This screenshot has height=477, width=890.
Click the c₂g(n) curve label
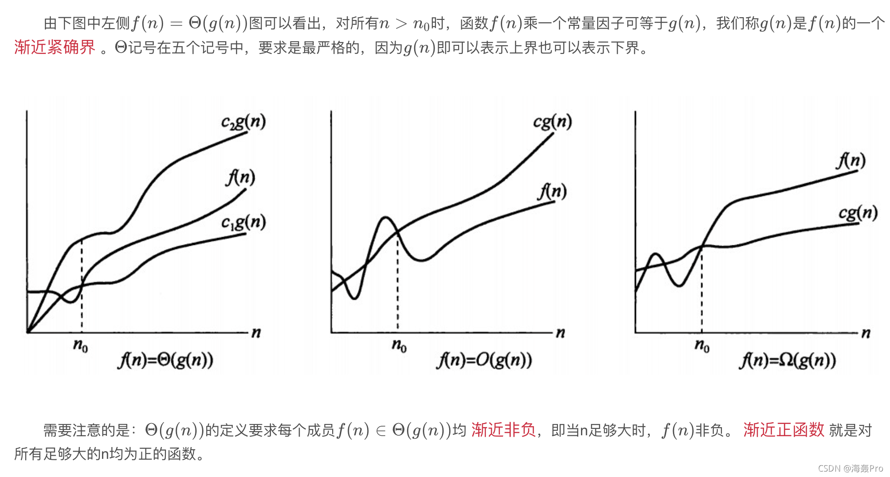(243, 122)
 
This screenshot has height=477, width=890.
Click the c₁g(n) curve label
(243, 222)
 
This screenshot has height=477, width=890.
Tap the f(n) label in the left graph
(241, 177)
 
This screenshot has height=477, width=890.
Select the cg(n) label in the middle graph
(552, 122)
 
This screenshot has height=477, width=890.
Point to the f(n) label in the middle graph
(552, 191)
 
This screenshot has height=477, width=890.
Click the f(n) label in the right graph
(851, 161)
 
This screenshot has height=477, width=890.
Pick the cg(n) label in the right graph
(858, 213)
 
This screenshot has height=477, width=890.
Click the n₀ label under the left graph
(81, 346)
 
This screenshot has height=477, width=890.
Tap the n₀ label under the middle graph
(399, 346)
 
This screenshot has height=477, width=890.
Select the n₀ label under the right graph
(702, 346)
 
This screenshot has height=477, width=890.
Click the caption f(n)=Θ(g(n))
(165, 361)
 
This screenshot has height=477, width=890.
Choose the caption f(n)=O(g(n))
(484, 361)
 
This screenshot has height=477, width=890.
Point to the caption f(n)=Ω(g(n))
(788, 361)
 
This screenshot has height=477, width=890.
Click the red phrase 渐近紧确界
(55, 47)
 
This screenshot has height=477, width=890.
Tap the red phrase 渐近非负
(503, 430)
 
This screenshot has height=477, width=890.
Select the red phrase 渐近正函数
(784, 430)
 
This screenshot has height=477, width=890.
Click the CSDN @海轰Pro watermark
(850, 468)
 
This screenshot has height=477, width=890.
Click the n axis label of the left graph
(256, 333)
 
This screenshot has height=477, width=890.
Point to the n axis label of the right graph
(866, 333)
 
